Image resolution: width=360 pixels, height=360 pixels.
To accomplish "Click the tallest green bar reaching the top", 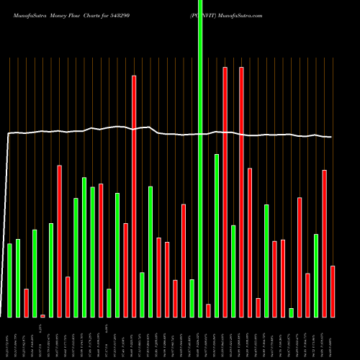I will point(200,158).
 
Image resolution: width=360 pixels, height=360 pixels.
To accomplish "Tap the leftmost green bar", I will point(9,280).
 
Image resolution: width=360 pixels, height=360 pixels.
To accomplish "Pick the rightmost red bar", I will point(333,291).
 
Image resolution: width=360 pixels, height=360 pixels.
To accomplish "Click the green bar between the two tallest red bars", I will point(233,271).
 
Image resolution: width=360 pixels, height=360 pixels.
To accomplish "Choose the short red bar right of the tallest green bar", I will point(208,310).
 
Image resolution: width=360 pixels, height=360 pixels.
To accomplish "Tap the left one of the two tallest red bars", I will point(225,192).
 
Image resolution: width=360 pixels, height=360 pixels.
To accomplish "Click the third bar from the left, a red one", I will point(26,302).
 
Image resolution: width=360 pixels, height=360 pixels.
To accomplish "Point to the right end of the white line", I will point(331,137).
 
